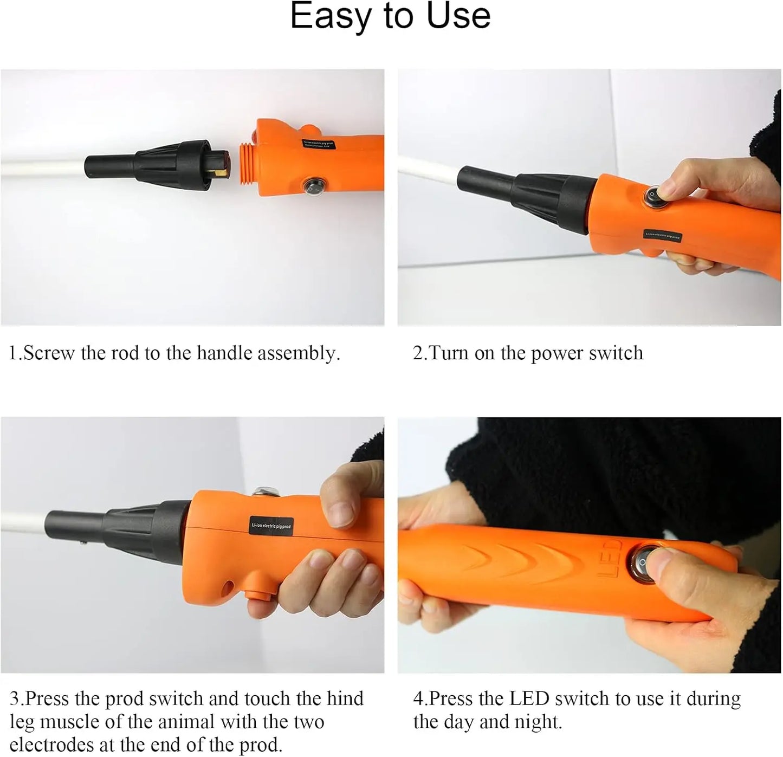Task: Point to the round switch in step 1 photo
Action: tap(312, 185)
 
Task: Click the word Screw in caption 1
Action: tap(49, 353)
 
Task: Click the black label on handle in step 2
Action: tap(662, 236)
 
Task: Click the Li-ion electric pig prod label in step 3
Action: tap(271, 526)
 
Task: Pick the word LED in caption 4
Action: tap(529, 699)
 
